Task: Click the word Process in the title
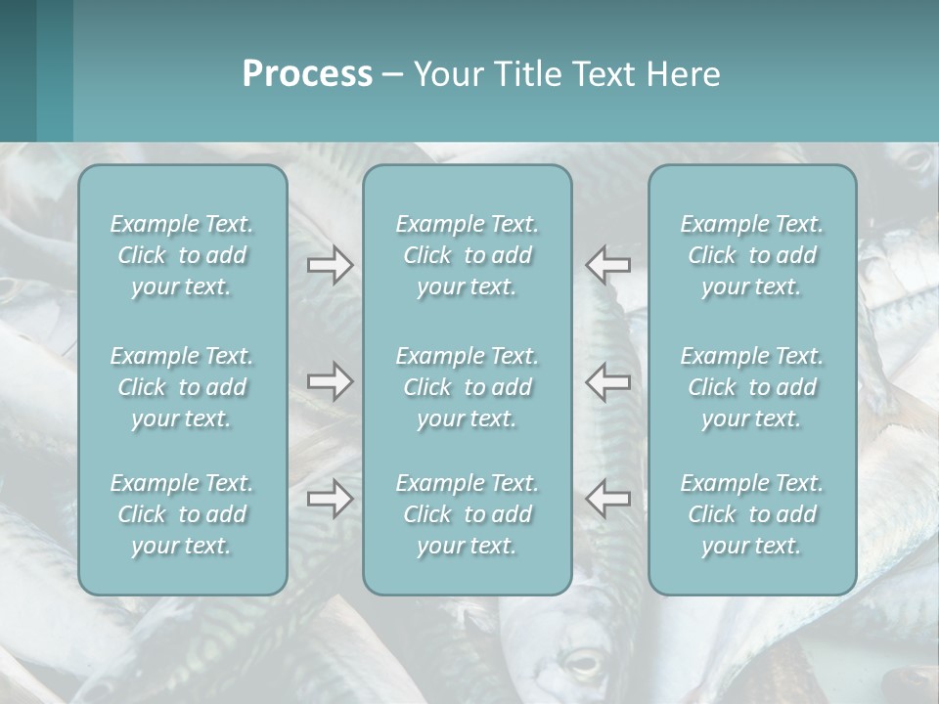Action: pyautogui.click(x=307, y=74)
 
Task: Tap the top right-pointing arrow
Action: pyautogui.click(x=330, y=265)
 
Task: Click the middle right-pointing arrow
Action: pyautogui.click(x=330, y=381)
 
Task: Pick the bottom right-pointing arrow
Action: pyautogui.click(x=330, y=499)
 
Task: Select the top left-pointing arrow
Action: pyautogui.click(x=608, y=265)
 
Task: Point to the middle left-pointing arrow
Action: pyautogui.click(x=608, y=381)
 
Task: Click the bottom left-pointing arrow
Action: pyautogui.click(x=608, y=499)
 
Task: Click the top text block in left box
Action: pyautogui.click(x=182, y=255)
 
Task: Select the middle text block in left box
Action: pyautogui.click(x=182, y=387)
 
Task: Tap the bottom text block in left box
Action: pyautogui.click(x=182, y=514)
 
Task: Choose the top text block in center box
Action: pyautogui.click(x=468, y=255)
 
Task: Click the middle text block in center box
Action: pyautogui.click(x=468, y=387)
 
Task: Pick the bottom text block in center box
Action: pyautogui.click(x=468, y=514)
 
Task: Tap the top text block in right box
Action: pyautogui.click(x=752, y=255)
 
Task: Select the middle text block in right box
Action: pyautogui.click(x=752, y=387)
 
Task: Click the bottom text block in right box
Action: pyautogui.click(x=752, y=514)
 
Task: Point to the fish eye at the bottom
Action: pyautogui.click(x=583, y=666)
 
